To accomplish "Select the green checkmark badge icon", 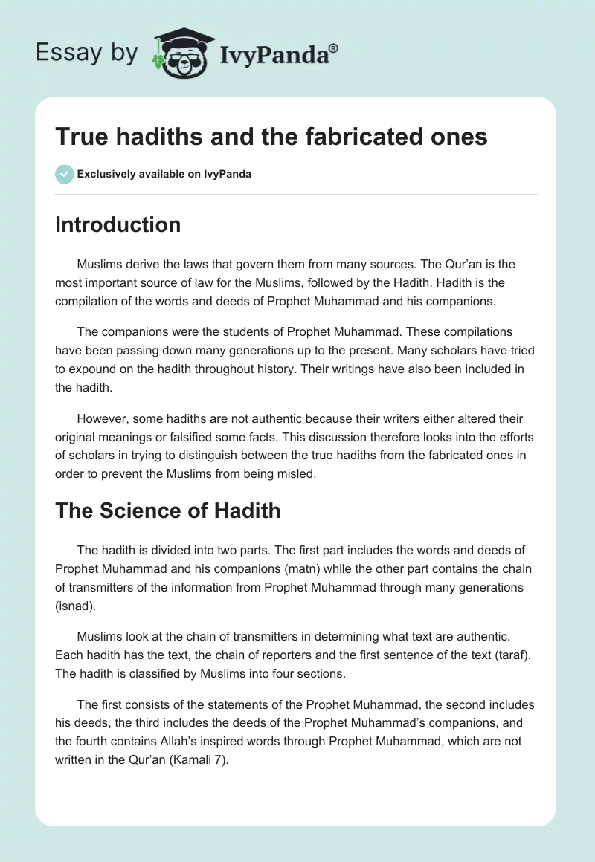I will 64,175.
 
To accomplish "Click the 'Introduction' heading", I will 118,224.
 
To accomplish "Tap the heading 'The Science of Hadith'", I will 167,511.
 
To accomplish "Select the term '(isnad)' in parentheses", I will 75,606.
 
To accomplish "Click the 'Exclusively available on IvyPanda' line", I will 164,175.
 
